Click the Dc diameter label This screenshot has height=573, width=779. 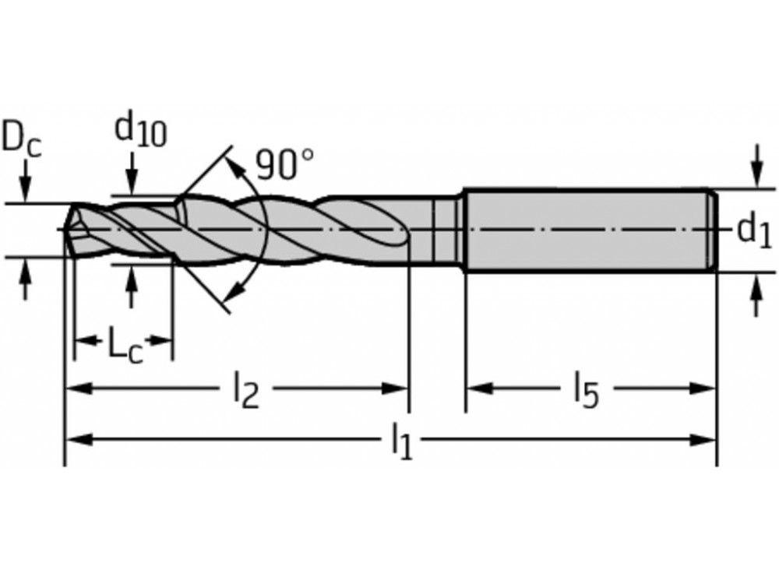pos(20,139)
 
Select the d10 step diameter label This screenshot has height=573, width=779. pos(140,129)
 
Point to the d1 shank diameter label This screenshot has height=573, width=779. pos(753,230)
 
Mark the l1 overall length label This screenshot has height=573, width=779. pos(401,441)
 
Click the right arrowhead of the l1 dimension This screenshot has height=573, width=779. pos(705,440)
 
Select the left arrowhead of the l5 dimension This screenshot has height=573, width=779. pos(477,388)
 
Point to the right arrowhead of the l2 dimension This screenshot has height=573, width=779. pos(397,388)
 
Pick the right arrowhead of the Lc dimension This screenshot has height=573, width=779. pos(163,340)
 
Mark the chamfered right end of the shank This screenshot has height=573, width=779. pos(711,230)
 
